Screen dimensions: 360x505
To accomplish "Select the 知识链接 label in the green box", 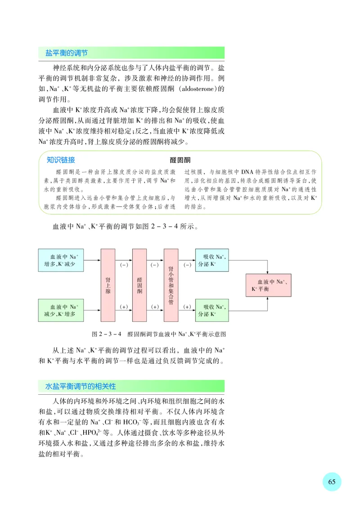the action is click(61, 160).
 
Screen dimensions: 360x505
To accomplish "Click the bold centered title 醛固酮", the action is click(180, 160).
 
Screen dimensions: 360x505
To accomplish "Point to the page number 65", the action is click(332, 482).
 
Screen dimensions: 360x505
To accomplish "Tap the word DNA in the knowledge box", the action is click(248, 172).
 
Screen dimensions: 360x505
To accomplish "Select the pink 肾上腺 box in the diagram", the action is click(108, 284).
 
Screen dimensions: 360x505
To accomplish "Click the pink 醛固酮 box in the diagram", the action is click(139, 284).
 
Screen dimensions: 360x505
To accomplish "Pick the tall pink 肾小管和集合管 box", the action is click(171, 284).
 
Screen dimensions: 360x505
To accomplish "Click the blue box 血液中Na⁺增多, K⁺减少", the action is click(61, 260).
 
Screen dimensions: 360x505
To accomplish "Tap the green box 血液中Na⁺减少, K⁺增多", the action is click(61, 310).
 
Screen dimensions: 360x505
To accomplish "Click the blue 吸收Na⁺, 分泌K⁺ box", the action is click(211, 260).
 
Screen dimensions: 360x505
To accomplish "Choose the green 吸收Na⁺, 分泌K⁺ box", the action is click(211, 310).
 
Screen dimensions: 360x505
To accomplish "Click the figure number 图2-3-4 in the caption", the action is click(107, 334).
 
